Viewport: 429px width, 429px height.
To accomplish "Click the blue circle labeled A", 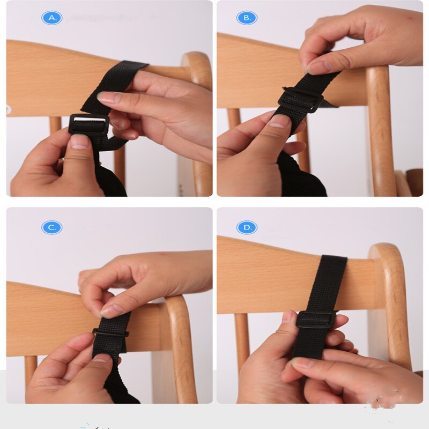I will [51, 18].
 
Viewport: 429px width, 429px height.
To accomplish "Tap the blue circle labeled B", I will [247, 18].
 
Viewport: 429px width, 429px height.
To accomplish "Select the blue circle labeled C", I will [51, 227].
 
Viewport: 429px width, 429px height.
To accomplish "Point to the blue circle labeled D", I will [247, 227].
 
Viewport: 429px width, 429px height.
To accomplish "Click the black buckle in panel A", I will [89, 124].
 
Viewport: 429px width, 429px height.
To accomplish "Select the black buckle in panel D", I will [316, 319].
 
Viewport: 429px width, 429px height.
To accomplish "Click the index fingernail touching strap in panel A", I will [108, 98].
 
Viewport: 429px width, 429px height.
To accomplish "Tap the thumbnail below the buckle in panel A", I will [79, 142].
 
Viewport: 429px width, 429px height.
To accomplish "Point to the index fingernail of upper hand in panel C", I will [112, 310].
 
